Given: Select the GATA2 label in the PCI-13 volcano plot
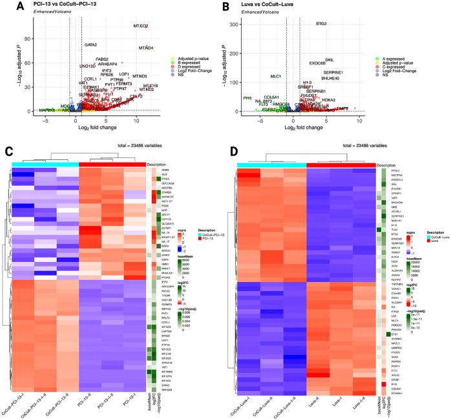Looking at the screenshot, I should (x=90, y=45).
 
